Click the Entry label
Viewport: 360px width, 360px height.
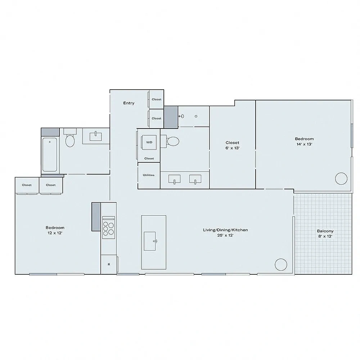(129, 103)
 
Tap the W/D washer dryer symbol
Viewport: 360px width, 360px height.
(149, 142)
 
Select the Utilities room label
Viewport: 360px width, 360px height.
(149, 175)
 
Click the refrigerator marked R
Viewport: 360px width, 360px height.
(109, 264)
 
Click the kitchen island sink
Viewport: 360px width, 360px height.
(150, 241)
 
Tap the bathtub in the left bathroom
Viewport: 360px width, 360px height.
(50, 154)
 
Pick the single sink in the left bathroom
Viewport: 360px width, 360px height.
(95, 136)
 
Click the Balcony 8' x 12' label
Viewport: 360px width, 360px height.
(325, 234)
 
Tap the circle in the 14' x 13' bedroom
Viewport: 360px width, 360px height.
(341, 179)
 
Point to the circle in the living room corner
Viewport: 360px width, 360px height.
(281, 265)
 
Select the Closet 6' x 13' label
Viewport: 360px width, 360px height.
(232, 145)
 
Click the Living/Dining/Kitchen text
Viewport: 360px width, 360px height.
(225, 230)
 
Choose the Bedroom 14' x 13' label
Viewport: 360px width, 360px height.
(304, 141)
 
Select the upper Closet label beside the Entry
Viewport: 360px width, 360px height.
(157, 99)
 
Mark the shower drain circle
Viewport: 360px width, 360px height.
(196, 116)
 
